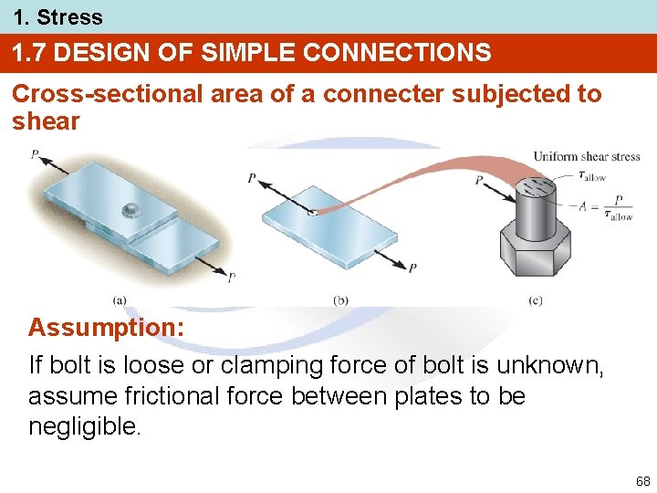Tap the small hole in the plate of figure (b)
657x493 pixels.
tap(312, 213)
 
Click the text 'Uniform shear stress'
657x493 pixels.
tap(587, 156)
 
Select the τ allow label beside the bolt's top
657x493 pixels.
tap(592, 175)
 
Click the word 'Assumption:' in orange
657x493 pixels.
tap(106, 327)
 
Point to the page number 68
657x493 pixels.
tap(642, 481)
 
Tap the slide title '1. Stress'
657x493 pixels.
tap(57, 16)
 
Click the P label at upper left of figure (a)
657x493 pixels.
tap(34, 155)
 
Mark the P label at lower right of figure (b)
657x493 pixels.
tap(412, 267)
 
